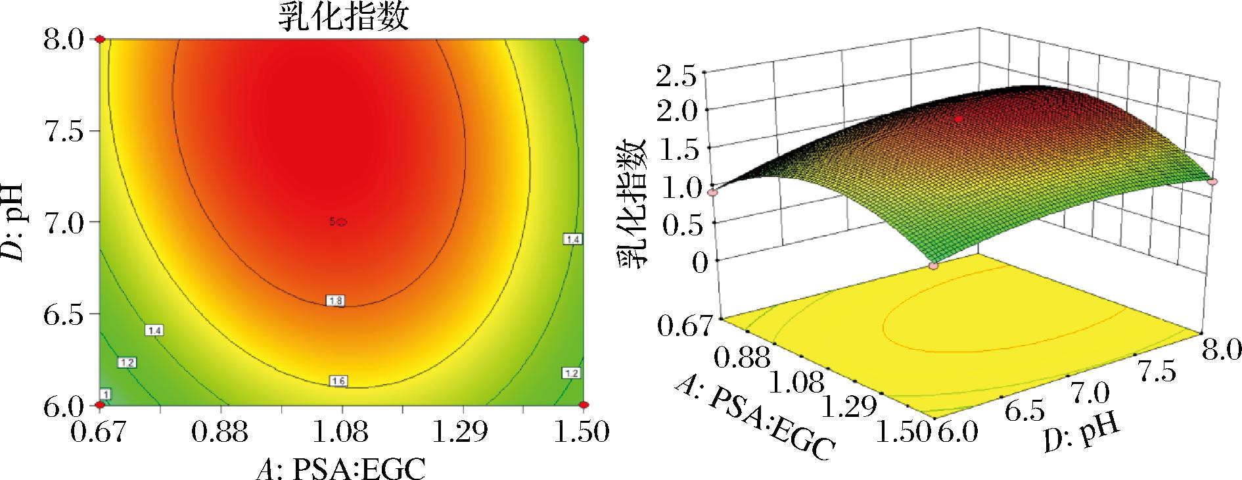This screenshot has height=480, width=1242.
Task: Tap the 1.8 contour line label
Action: tap(334, 301)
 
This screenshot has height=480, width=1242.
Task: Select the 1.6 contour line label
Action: tap(338, 381)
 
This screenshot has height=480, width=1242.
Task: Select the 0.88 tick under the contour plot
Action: tap(221, 433)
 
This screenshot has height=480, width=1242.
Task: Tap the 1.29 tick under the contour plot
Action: tap(463, 433)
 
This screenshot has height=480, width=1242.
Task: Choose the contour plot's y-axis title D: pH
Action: tap(14, 222)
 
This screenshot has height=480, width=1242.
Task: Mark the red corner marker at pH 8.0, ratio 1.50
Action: tap(584, 39)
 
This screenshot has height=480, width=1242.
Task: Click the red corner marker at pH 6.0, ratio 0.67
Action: tap(100, 405)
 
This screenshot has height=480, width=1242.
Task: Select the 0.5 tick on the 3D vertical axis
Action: tap(676, 224)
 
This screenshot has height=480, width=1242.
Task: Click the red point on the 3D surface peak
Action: tap(959, 119)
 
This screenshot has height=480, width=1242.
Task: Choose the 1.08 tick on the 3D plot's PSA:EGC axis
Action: tap(796, 384)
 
